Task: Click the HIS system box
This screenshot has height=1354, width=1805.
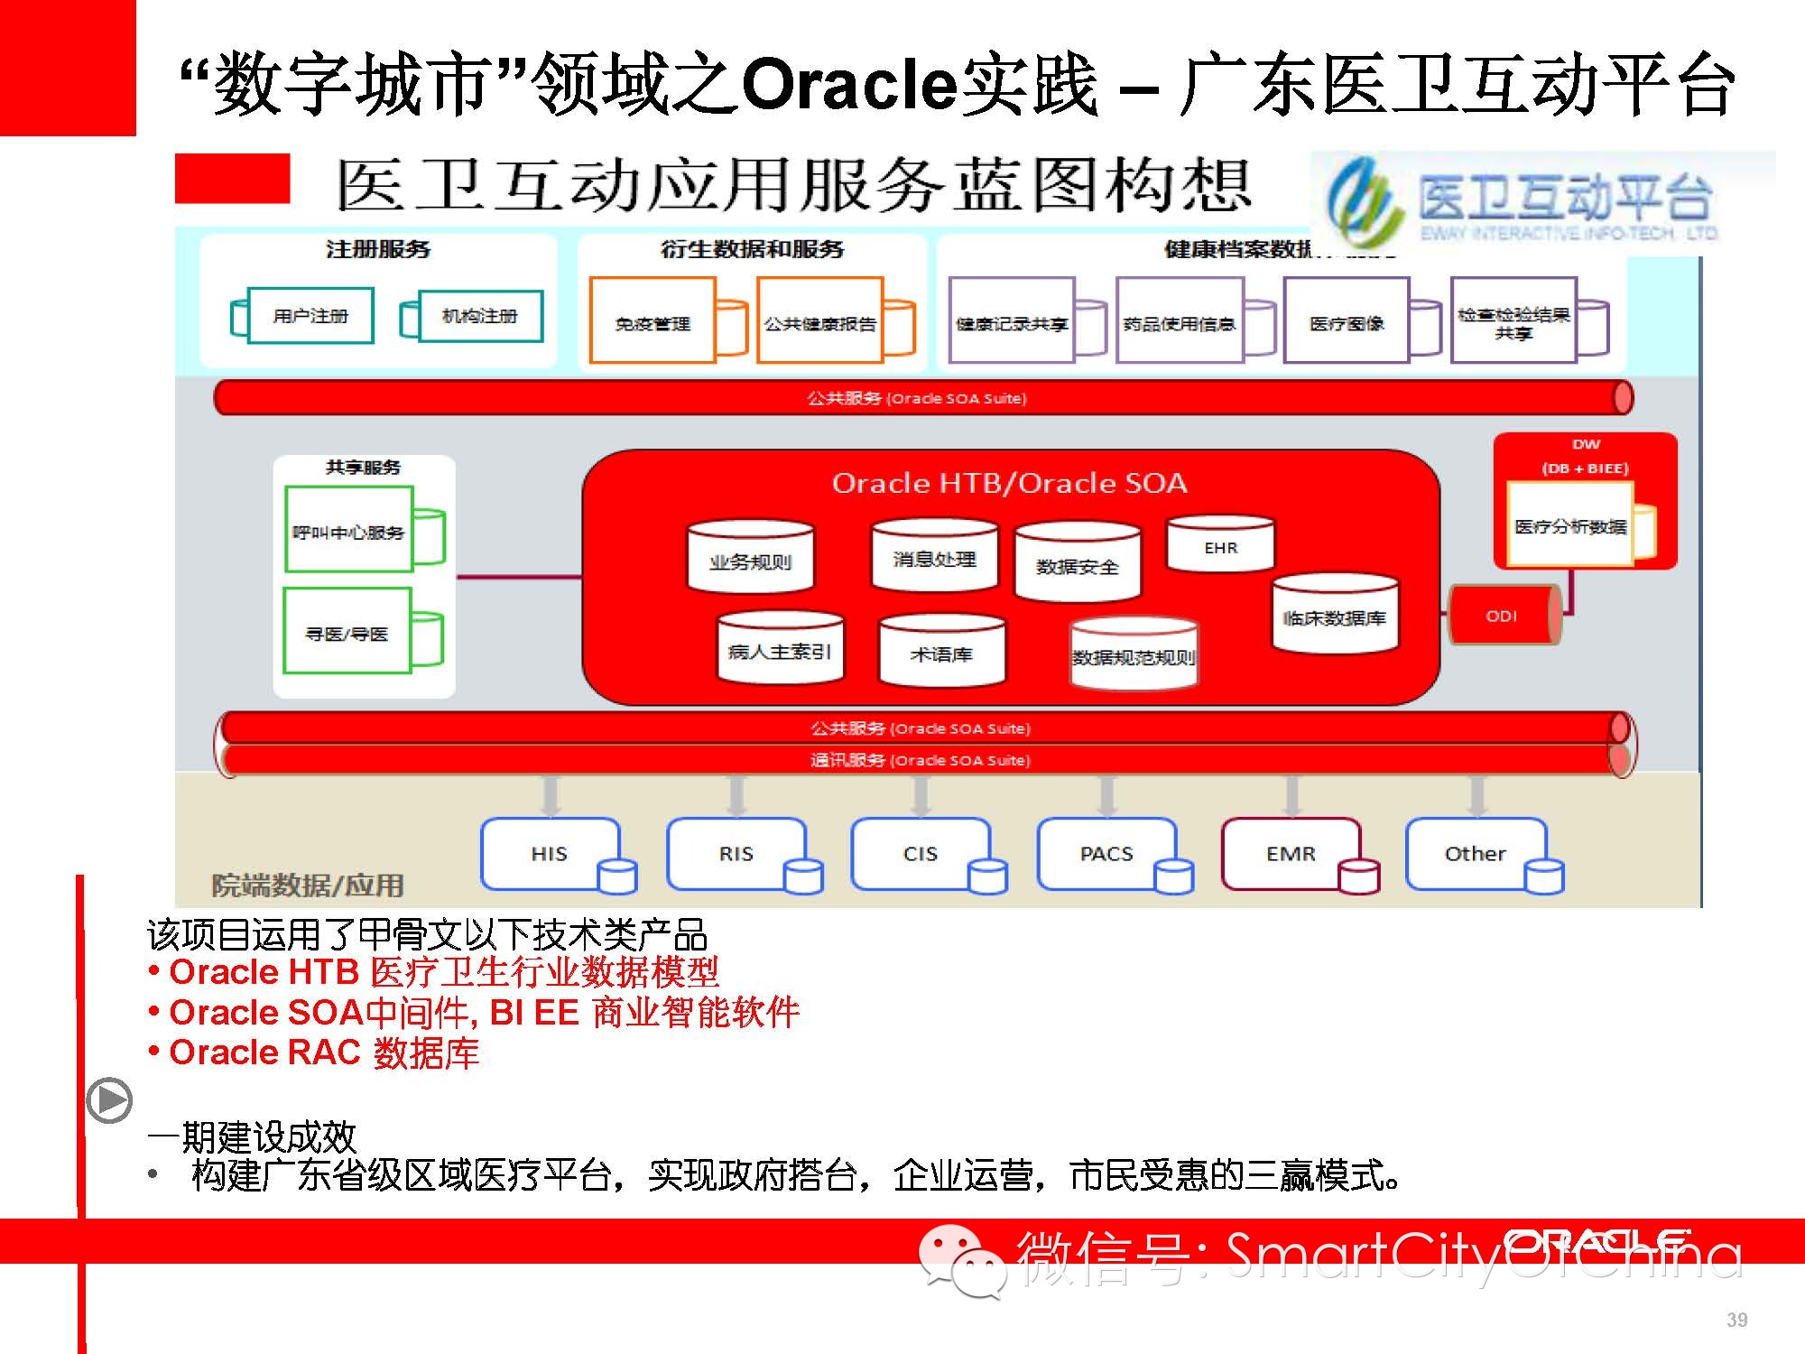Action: (x=550, y=853)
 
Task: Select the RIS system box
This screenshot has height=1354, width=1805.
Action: (x=736, y=853)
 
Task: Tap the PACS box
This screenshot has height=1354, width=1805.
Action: (x=1106, y=853)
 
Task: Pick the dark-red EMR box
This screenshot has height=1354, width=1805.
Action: (x=1291, y=853)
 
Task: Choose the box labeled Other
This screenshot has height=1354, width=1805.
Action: (x=1475, y=853)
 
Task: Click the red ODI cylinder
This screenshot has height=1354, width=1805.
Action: (x=1503, y=616)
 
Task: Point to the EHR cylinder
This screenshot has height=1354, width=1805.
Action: (x=1220, y=546)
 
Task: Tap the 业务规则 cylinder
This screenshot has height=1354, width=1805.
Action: (x=750, y=560)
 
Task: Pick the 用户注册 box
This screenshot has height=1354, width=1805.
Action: (x=310, y=316)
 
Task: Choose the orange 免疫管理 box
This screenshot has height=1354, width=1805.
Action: (x=653, y=322)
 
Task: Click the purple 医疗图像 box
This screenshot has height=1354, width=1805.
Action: (x=1347, y=322)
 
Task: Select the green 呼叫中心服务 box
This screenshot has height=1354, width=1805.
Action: (x=348, y=532)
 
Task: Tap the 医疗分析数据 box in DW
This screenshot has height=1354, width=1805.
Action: (x=1570, y=525)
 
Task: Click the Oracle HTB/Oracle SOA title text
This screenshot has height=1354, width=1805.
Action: (x=1009, y=483)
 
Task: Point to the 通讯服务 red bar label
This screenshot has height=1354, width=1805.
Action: (x=920, y=760)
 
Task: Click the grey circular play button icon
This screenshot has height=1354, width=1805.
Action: (x=109, y=1100)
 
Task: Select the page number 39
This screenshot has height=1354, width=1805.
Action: (x=1736, y=1320)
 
